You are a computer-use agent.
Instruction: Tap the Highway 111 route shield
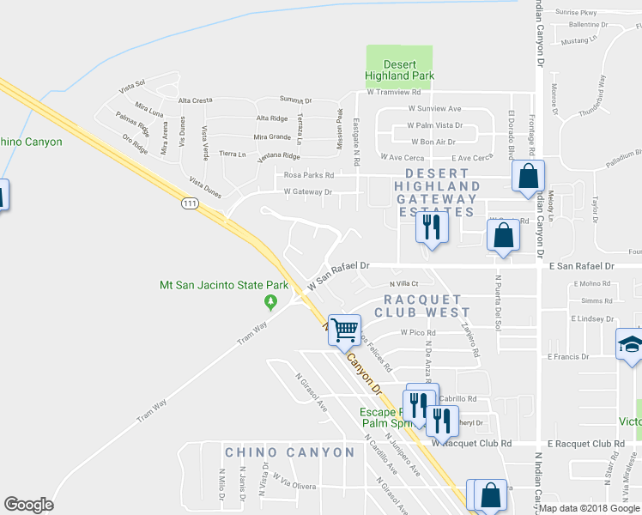tap(190, 203)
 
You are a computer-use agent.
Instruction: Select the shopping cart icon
tap(345, 328)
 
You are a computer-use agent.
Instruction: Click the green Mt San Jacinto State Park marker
tap(271, 301)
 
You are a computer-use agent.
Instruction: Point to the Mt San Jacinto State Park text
tap(223, 285)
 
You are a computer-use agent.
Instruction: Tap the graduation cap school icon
tap(630, 345)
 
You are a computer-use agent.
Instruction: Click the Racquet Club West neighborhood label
tap(421, 305)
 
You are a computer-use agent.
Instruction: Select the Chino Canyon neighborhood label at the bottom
tap(289, 452)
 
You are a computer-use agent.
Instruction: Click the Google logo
tap(29, 505)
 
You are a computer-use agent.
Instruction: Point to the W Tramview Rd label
tap(394, 92)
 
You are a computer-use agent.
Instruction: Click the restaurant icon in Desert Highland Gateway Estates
tap(430, 227)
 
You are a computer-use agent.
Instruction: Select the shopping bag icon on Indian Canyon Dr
tap(529, 177)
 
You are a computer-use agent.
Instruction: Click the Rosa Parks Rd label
tap(308, 175)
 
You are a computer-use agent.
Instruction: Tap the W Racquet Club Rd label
tap(471, 443)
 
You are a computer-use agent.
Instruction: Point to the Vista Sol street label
tap(133, 87)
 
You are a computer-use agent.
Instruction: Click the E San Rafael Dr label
tap(581, 267)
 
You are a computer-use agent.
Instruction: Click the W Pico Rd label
tap(419, 333)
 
